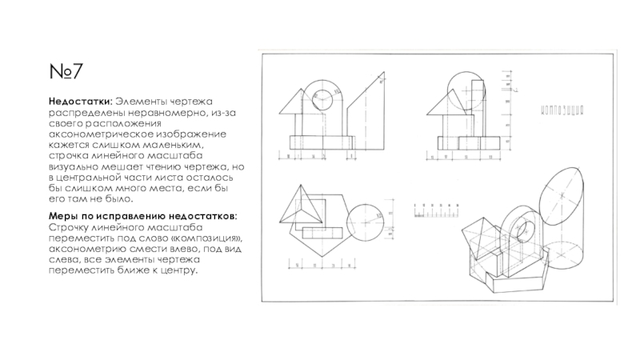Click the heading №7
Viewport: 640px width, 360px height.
pos(65,74)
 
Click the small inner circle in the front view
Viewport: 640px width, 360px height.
pos(322,98)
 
